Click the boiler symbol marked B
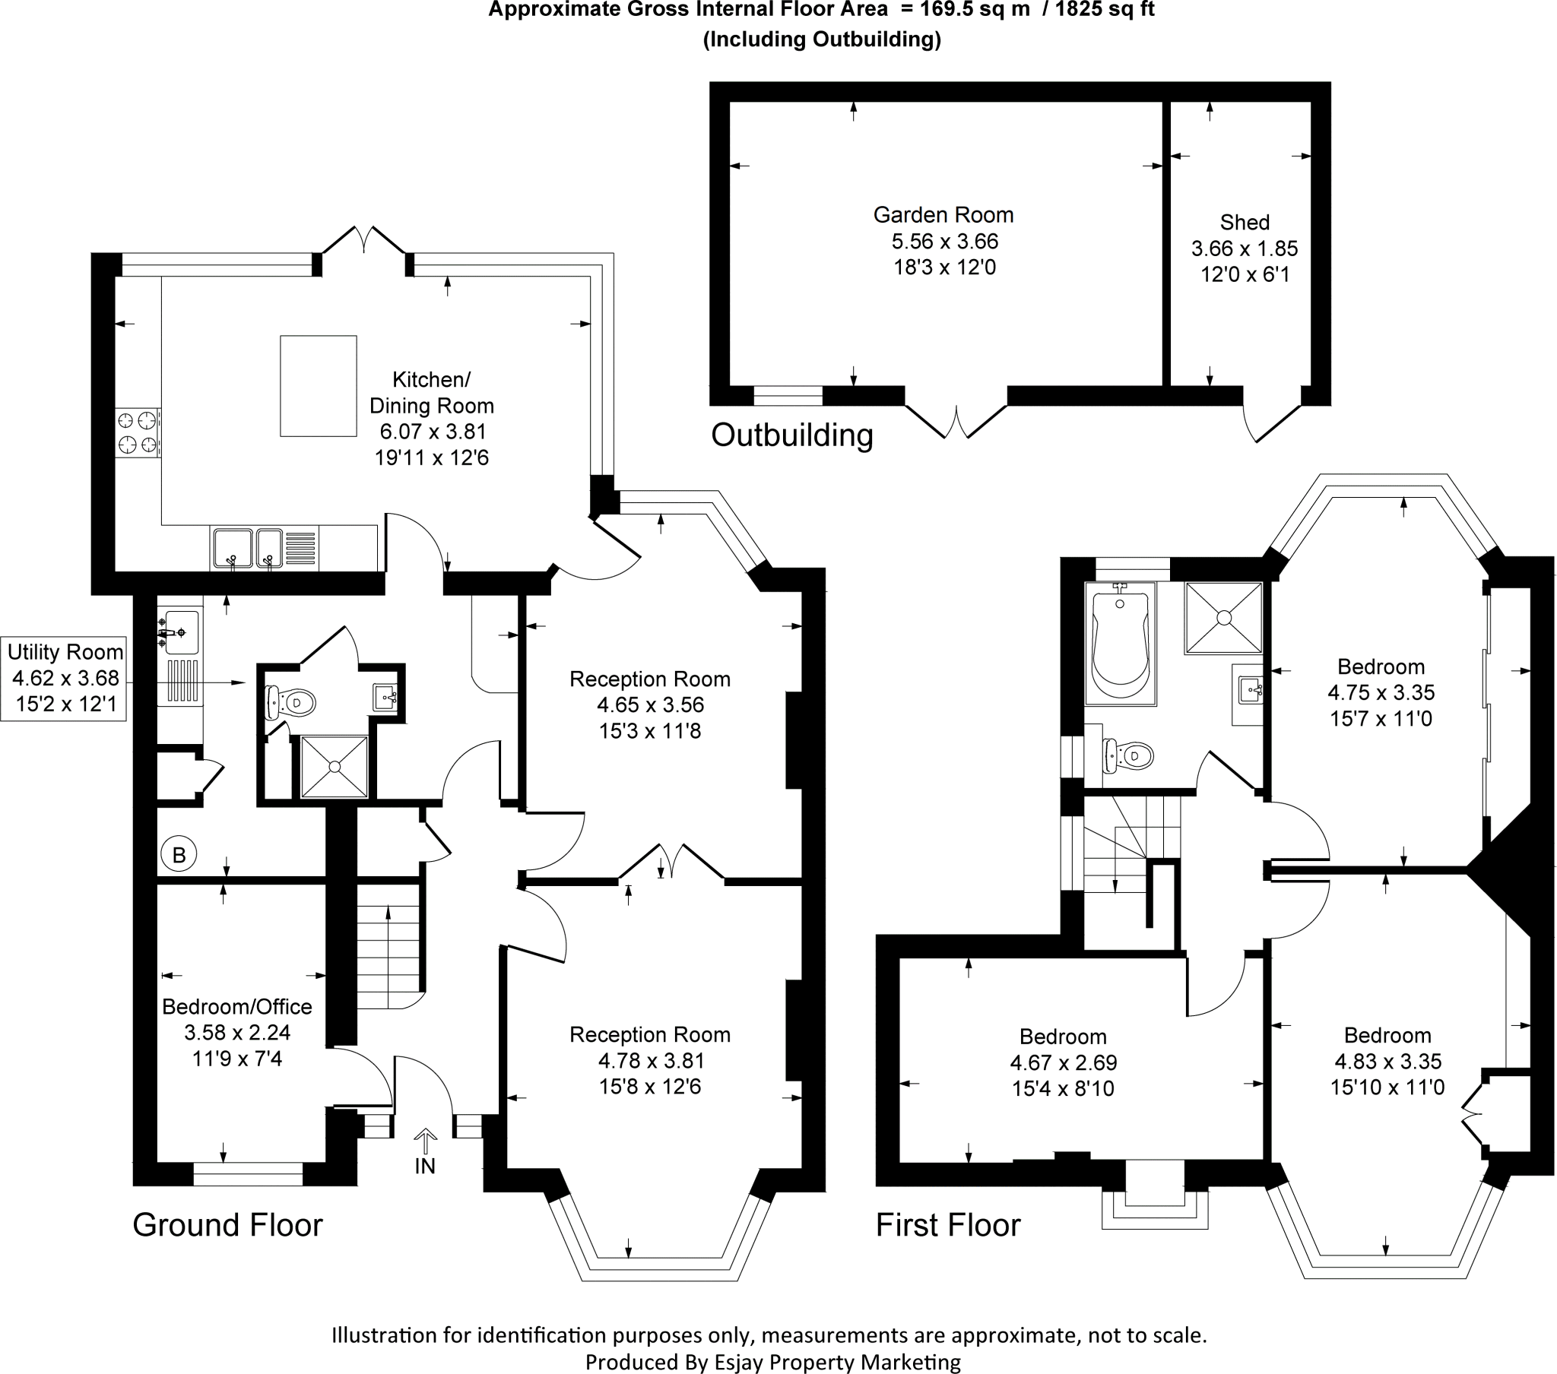point(179,854)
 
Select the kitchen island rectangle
point(319,386)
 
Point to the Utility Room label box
point(64,678)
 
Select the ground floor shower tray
point(335,766)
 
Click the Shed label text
point(1244,223)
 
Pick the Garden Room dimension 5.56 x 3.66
point(944,242)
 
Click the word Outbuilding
point(791,435)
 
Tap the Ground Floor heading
point(227,1226)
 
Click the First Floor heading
point(947,1226)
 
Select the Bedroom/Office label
point(237,1007)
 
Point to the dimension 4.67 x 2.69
point(1063,1062)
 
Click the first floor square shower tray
point(1222,618)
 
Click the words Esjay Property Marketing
point(836,1362)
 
